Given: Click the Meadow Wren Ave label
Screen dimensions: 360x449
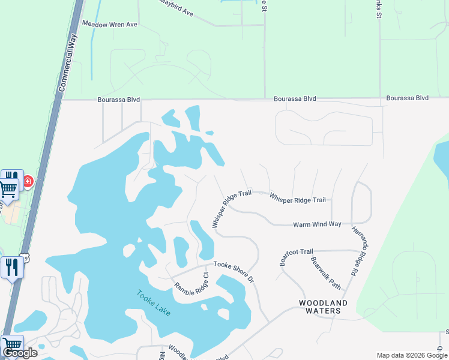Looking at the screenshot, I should (x=110, y=25).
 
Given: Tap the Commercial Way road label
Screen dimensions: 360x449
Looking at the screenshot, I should (x=69, y=63).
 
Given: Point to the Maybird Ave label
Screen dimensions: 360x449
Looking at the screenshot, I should (x=176, y=8).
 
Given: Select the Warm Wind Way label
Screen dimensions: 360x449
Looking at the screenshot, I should (x=317, y=224).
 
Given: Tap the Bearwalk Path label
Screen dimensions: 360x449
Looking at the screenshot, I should (x=326, y=273).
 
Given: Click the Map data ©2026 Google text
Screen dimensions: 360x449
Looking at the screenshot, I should (x=412, y=355).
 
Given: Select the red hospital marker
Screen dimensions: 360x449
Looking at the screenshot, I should (x=28, y=181).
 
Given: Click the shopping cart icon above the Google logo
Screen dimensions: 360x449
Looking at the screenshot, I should (x=12, y=346).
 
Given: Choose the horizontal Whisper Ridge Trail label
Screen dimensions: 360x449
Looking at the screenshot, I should (x=297, y=198).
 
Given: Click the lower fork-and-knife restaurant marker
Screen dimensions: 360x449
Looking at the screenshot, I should (x=12, y=266).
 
